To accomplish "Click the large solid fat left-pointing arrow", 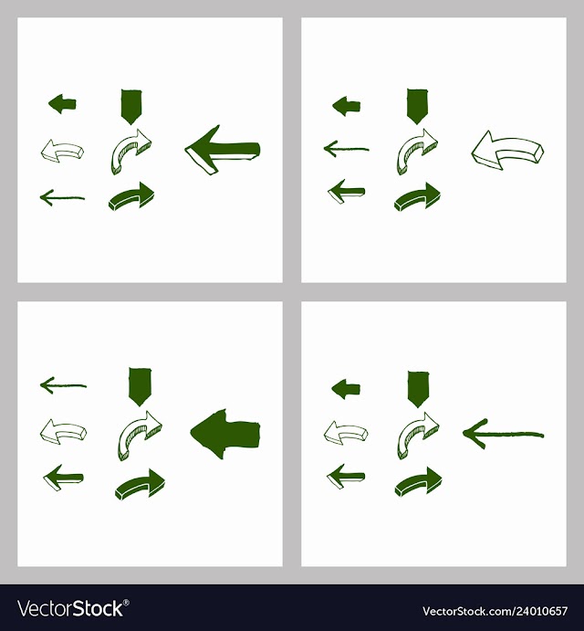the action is (x=225, y=435).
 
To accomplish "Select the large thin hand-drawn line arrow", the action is (x=503, y=435).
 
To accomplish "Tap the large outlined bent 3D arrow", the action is (x=507, y=150).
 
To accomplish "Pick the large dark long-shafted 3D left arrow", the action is (x=222, y=150).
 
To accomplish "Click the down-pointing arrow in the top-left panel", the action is (x=131, y=107).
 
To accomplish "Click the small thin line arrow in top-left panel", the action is (x=62, y=197).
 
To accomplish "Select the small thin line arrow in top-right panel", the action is (x=347, y=149).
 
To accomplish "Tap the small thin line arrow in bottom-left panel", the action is (x=63, y=385).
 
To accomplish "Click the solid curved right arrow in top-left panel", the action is (x=132, y=196).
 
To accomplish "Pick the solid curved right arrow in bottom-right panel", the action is (x=418, y=482).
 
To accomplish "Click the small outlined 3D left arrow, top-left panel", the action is (x=62, y=151).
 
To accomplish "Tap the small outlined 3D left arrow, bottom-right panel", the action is (x=346, y=433).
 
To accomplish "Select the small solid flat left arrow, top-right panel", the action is (x=347, y=106).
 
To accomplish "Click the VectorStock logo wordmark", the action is (x=73, y=608).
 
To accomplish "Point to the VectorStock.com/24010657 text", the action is (x=495, y=611).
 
